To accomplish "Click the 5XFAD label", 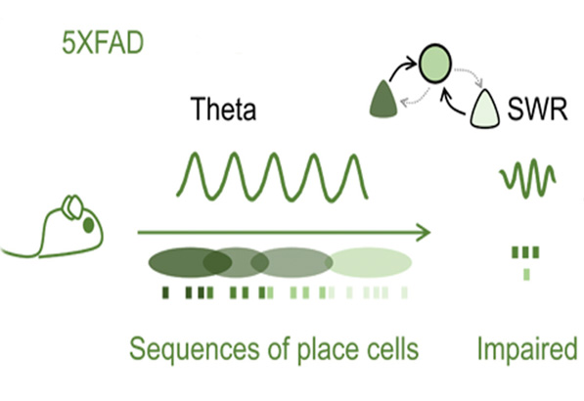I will tap(92, 44).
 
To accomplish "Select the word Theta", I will tap(222, 109).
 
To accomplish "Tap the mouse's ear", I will tap(70, 207).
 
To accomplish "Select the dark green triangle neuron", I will tap(385, 98).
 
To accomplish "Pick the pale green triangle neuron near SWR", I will tap(486, 111).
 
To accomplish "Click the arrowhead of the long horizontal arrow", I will tap(424, 233).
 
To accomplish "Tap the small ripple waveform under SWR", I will tap(527, 177).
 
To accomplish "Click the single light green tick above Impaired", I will tap(526, 274).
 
